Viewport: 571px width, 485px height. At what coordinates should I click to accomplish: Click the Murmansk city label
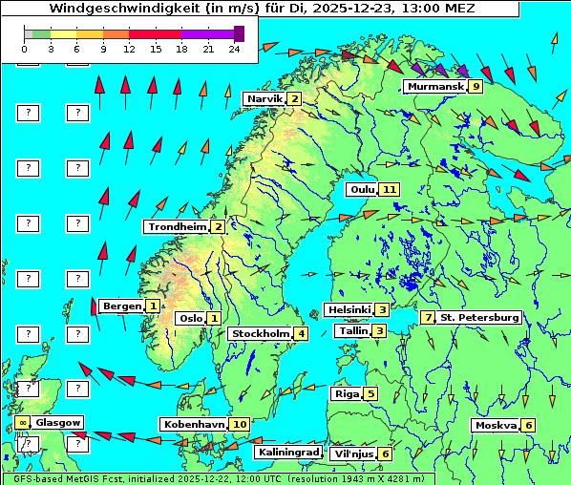[x=434, y=87]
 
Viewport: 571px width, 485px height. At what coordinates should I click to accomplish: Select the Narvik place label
[x=264, y=99]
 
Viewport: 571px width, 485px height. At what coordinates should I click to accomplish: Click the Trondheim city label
[x=176, y=226]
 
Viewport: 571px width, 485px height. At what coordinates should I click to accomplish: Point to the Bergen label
[x=121, y=306]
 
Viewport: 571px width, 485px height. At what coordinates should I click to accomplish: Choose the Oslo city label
[x=190, y=318]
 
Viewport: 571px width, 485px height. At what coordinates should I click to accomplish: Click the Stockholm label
[x=260, y=333]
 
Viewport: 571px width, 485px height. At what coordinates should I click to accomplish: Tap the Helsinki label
[x=348, y=309]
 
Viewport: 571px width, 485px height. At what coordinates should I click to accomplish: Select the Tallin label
[x=353, y=330]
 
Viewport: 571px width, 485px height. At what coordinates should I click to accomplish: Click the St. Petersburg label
[x=478, y=317]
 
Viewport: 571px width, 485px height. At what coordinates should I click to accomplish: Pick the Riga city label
[x=345, y=393]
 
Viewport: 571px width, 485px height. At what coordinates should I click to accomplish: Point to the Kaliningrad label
[x=287, y=452]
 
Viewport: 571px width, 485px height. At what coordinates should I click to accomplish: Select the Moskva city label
[x=496, y=425]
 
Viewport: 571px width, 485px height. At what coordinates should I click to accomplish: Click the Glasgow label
[x=58, y=422]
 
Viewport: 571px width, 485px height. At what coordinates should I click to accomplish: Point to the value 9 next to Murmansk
[x=475, y=87]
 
